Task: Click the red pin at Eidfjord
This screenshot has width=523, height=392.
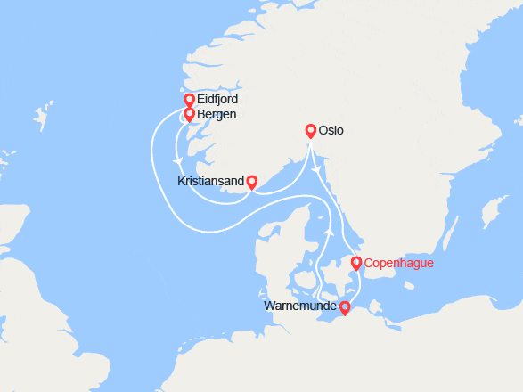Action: click(189, 99)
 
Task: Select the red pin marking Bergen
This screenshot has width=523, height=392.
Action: click(189, 113)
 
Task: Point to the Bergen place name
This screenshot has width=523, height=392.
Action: click(217, 115)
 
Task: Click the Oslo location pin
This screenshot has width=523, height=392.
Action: click(310, 129)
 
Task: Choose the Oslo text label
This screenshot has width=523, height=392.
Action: click(331, 132)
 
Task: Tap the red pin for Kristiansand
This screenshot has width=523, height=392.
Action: click(251, 181)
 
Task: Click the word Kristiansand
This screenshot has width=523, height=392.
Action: click(210, 181)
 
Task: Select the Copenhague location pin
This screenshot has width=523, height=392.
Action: click(356, 262)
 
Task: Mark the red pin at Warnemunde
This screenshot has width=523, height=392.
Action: click(345, 307)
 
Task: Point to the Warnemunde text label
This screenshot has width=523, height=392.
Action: click(301, 307)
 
